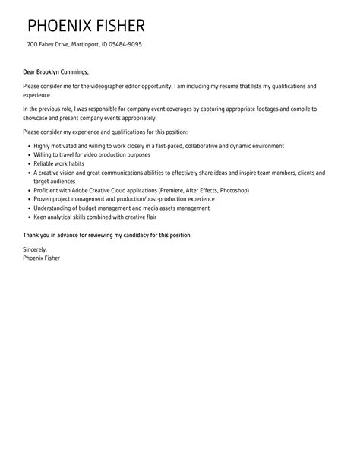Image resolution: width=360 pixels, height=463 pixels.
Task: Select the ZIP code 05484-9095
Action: [125, 44]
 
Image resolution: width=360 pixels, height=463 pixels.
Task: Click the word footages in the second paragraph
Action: [255, 109]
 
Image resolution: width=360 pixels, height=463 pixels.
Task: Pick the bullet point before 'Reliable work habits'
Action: [28, 163]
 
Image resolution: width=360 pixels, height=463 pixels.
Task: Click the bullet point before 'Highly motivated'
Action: [28, 145]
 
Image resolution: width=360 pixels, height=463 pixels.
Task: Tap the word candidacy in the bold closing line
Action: [138, 235]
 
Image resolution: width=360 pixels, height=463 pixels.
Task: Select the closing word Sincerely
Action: [35, 249]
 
